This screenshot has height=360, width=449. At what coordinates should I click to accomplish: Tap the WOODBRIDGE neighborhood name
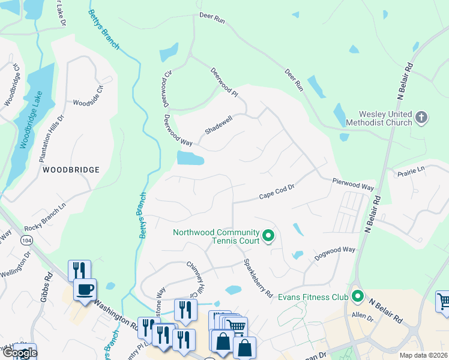71,170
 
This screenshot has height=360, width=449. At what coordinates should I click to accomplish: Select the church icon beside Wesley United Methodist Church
422,117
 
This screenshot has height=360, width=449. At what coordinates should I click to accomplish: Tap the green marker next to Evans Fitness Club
358,295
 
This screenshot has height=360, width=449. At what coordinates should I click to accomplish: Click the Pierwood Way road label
354,183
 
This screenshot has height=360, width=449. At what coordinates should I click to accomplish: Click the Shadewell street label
218,125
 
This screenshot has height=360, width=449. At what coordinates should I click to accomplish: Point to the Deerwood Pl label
224,82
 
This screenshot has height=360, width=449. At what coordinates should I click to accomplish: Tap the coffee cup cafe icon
84,290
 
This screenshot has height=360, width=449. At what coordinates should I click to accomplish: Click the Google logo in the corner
19,353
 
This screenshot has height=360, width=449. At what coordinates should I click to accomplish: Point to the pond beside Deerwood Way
190,158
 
